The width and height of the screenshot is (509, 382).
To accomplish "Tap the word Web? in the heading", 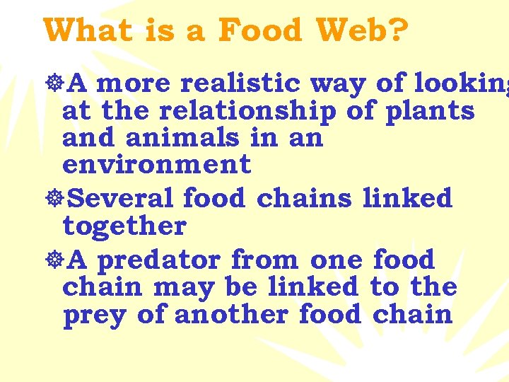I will [x=361, y=30].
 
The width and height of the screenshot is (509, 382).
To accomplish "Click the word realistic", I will [x=241, y=83].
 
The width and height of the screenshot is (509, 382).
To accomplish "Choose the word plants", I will [x=430, y=112].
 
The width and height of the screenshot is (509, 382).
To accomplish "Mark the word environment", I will [x=156, y=164].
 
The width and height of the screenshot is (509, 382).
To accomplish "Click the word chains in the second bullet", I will [x=304, y=198].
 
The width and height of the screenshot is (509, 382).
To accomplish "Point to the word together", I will [x=124, y=226].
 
